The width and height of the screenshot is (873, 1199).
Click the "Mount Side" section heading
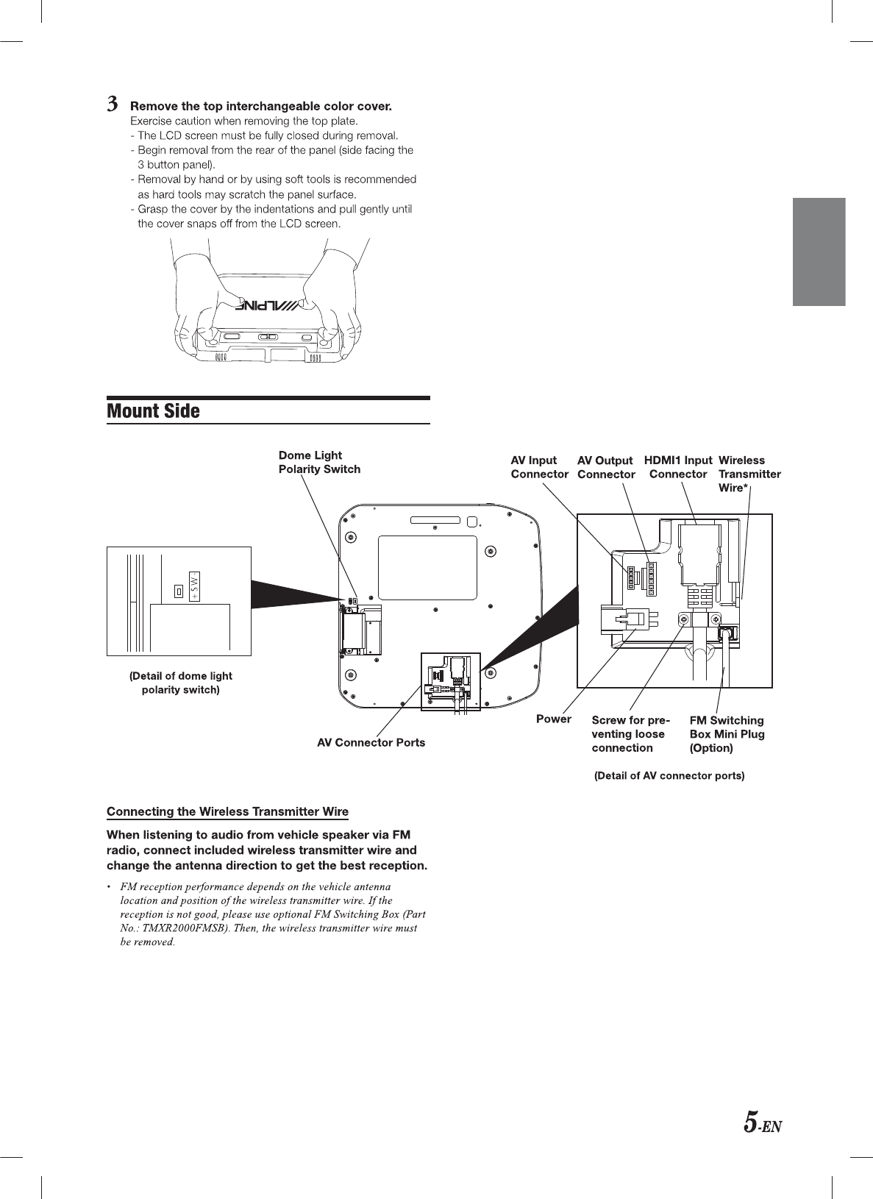(x=153, y=410)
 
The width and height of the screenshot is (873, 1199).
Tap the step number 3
(x=113, y=104)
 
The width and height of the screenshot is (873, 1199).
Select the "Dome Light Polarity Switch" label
(x=319, y=462)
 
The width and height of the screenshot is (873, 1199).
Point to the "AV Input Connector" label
(x=539, y=467)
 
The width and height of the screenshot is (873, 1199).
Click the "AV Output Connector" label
(x=606, y=467)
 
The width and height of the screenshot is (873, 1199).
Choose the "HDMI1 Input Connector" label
(x=678, y=467)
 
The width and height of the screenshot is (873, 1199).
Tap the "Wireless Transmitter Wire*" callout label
(x=749, y=474)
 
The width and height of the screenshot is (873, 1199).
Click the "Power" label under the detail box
(x=553, y=719)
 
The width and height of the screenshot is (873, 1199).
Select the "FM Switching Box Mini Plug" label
(x=727, y=733)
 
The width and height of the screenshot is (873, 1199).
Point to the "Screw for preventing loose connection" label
(x=630, y=733)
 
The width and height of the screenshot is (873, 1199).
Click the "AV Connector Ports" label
(x=371, y=742)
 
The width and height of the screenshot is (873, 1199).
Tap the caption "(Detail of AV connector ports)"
(x=669, y=775)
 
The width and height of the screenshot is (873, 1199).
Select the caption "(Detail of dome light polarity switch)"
(x=181, y=683)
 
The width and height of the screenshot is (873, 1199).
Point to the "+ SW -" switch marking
(x=194, y=586)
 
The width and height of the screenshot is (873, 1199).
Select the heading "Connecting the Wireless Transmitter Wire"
(x=227, y=811)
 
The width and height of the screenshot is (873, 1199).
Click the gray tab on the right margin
(x=819, y=252)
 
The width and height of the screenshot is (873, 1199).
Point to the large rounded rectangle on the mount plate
(x=427, y=568)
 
